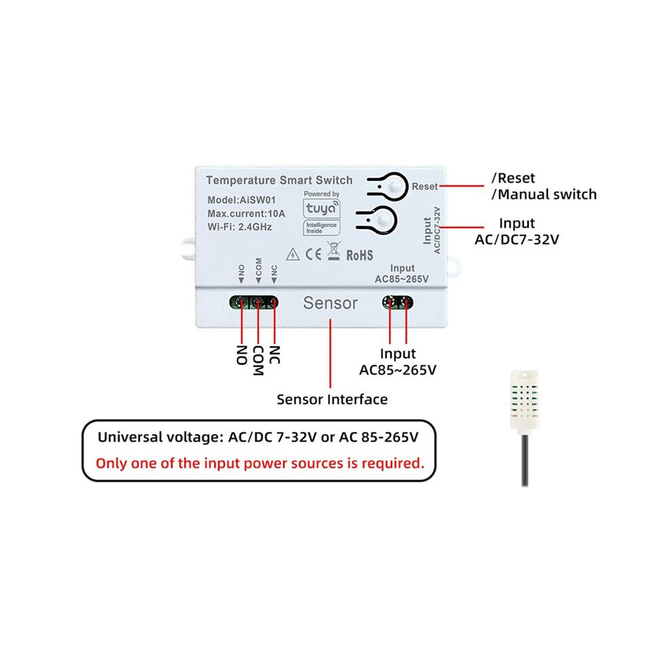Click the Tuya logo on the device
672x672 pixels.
click(322, 208)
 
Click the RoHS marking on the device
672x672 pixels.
click(360, 255)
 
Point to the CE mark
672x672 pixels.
click(314, 255)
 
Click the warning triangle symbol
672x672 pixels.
click(293, 254)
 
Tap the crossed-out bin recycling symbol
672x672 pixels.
click(334, 251)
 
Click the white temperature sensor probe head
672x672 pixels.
click(524, 400)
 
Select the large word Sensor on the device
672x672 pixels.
click(331, 303)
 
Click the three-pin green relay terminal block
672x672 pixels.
click(254, 303)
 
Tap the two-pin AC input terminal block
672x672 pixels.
click(398, 302)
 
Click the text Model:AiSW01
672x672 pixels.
click(242, 200)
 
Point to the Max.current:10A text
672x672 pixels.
click(246, 213)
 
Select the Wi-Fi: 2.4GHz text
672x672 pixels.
click(240, 227)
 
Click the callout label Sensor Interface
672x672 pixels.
click(332, 399)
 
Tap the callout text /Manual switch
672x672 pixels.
click(544, 195)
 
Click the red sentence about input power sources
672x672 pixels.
click(260, 464)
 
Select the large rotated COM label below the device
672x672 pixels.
click(258, 361)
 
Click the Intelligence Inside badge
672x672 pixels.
click(322, 228)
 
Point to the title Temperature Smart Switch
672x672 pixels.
click(279, 181)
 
